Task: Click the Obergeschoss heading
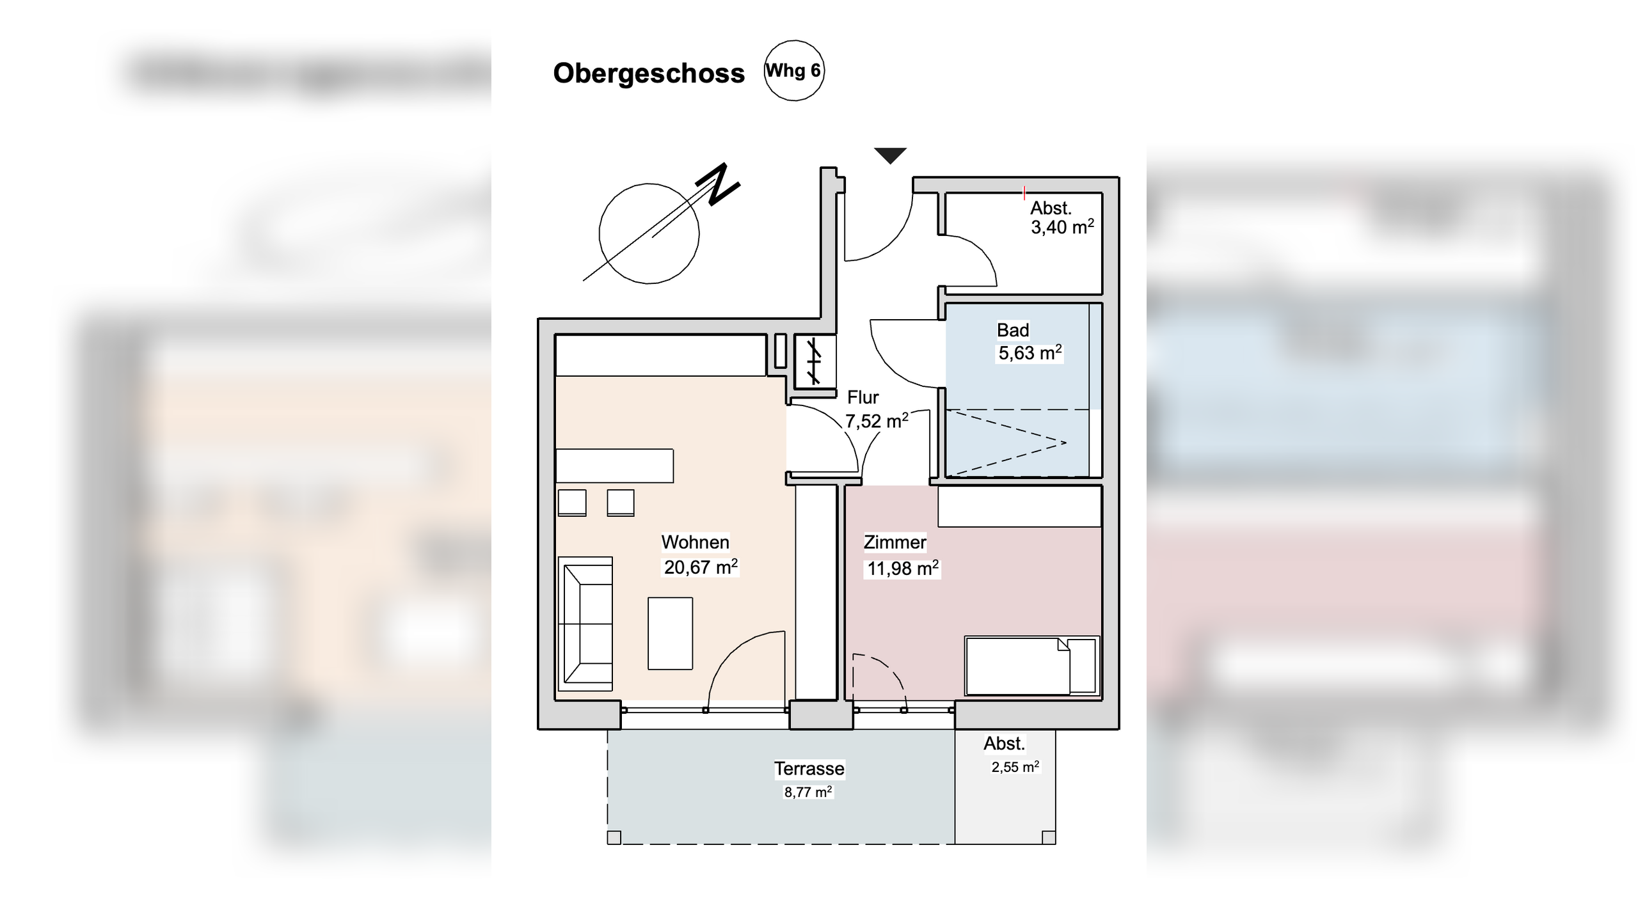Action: click(648, 74)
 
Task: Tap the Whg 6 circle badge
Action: click(794, 70)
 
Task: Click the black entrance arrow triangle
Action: click(890, 155)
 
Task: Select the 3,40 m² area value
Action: click(1062, 227)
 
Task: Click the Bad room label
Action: click(1013, 330)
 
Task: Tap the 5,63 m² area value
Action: click(1030, 352)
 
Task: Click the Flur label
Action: click(863, 397)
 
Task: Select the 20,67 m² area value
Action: click(700, 567)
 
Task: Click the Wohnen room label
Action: click(695, 542)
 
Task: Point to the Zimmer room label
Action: click(895, 542)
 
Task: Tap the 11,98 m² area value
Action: click(902, 569)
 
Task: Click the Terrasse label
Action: click(809, 768)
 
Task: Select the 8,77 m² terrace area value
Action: click(807, 792)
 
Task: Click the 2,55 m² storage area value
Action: click(1015, 767)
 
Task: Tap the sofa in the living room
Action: click(585, 624)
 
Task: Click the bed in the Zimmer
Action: click(1017, 666)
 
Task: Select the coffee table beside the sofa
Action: click(670, 633)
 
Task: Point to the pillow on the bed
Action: click(1082, 665)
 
